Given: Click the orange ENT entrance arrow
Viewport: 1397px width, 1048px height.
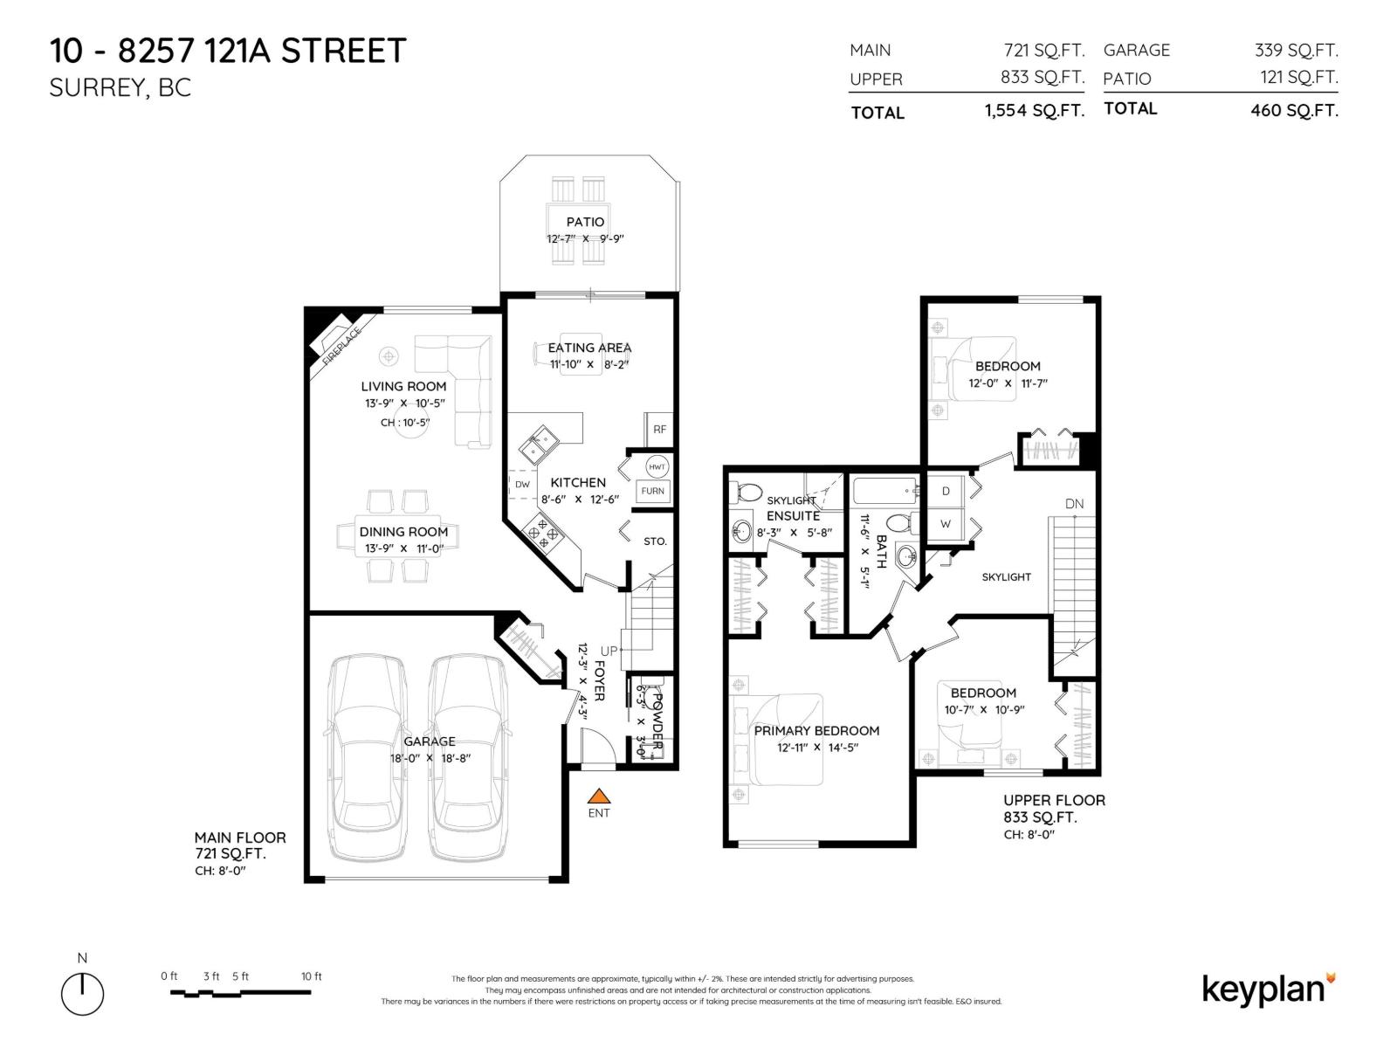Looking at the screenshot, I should pyautogui.click(x=598, y=796).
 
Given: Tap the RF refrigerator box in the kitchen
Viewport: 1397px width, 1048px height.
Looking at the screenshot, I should pyautogui.click(x=659, y=429).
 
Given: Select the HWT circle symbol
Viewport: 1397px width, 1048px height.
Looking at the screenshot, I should pyautogui.click(x=657, y=467).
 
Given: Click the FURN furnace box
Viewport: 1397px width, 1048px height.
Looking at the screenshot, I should pyautogui.click(x=652, y=491).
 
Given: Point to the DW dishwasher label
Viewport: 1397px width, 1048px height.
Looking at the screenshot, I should pyautogui.click(x=522, y=485).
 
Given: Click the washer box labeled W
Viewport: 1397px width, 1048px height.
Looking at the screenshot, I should pyautogui.click(x=946, y=524).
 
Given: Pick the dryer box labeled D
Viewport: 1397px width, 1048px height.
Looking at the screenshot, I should pyautogui.click(x=946, y=492).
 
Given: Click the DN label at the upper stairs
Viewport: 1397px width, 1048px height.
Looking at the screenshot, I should pyautogui.click(x=1074, y=504).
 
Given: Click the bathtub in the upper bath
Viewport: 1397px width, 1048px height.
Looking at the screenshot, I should pyautogui.click(x=884, y=492).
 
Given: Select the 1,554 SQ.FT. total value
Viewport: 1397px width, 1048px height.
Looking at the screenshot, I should pyautogui.click(x=1034, y=111).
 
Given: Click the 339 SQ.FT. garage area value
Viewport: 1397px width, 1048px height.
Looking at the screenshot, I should pyautogui.click(x=1296, y=51).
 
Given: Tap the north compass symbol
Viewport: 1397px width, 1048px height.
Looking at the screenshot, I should pyautogui.click(x=82, y=993).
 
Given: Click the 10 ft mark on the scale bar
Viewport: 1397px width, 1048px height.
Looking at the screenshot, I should pyautogui.click(x=311, y=976).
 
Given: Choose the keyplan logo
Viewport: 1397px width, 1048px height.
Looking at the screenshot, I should pyautogui.click(x=1268, y=989).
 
